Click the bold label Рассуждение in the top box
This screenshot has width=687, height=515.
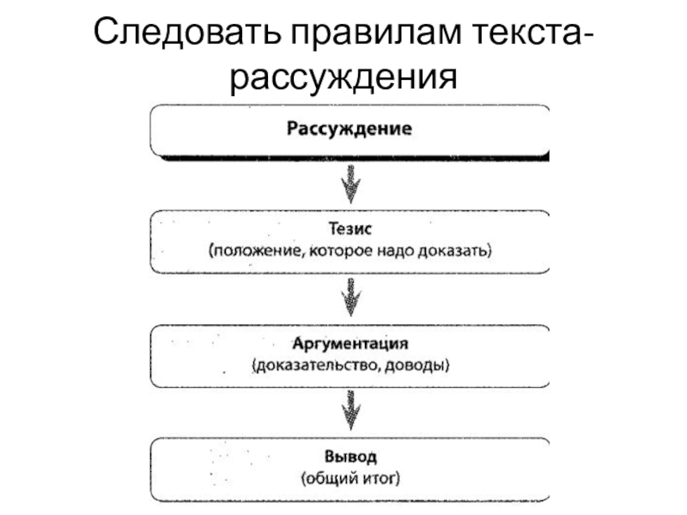(x=349, y=130)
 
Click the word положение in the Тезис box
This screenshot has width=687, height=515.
(x=250, y=252)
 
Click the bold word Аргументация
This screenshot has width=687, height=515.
(x=350, y=344)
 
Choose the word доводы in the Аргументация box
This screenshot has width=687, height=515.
(x=420, y=366)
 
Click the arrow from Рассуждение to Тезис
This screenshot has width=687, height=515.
(x=350, y=184)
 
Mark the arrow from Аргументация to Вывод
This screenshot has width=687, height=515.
(x=350, y=409)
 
